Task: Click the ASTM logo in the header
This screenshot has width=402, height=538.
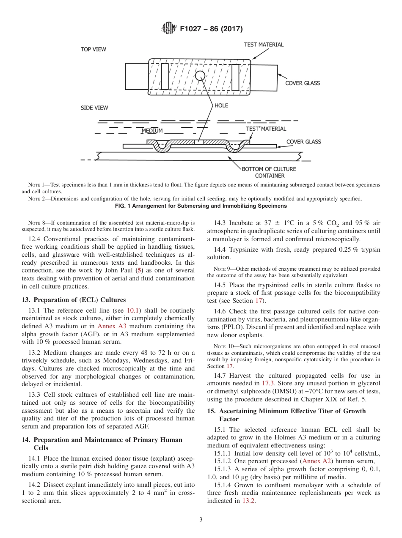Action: [x=169, y=29]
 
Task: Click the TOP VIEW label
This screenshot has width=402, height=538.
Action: [x=94, y=49]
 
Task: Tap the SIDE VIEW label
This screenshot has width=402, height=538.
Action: [x=94, y=108]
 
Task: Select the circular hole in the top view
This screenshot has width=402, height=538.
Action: [x=200, y=76]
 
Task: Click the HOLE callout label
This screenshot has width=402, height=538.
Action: [x=221, y=106]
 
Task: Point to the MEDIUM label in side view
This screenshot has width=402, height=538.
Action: [x=152, y=131]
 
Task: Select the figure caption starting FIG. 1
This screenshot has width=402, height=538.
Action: [x=201, y=206]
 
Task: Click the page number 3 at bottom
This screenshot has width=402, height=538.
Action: [x=201, y=520]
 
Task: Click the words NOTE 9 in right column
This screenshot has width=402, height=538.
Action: [x=222, y=269]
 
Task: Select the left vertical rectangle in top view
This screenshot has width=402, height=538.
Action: [x=165, y=77]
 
